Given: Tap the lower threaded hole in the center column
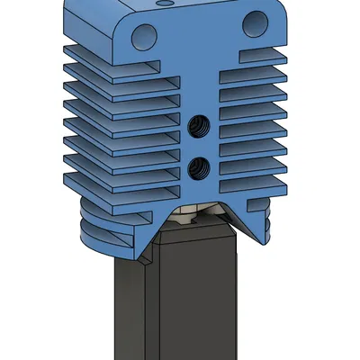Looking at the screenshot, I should pyautogui.click(x=200, y=166).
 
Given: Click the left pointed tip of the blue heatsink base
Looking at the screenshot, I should pyautogui.click(x=144, y=260).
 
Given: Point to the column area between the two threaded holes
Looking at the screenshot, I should pyautogui.click(x=200, y=147).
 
